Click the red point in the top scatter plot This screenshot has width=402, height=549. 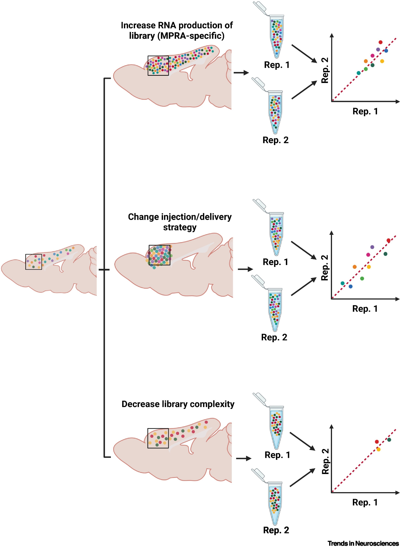pyautogui.click(x=380, y=42)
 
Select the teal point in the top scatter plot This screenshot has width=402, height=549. pyautogui.click(x=359, y=73)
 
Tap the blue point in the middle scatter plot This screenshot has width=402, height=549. pyautogui.click(x=350, y=286)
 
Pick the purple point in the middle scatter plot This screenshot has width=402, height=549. pyautogui.click(x=372, y=247)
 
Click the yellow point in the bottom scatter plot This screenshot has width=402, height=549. pyautogui.click(x=378, y=450)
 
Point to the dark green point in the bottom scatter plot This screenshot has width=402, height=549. pyautogui.click(x=389, y=440)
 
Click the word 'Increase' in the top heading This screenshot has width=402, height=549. pyautogui.click(x=138, y=26)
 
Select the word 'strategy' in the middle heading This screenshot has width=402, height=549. pyautogui.click(x=180, y=228)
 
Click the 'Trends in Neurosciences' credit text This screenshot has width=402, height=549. pyautogui.click(x=363, y=544)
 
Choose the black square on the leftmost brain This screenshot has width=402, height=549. pyautogui.click(x=33, y=262)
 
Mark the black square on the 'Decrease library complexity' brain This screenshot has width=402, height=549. pyautogui.click(x=158, y=438)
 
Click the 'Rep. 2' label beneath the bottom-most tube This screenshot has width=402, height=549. pyautogui.click(x=276, y=530)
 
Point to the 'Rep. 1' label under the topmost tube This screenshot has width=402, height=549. pyautogui.click(x=277, y=65)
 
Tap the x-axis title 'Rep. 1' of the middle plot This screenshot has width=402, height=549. pyautogui.click(x=365, y=309)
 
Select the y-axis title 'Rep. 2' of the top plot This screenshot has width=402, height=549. pyautogui.click(x=325, y=70)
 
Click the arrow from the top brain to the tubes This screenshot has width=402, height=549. pyautogui.click(x=241, y=73)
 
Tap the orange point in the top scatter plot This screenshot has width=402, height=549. pyautogui.click(x=366, y=61)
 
